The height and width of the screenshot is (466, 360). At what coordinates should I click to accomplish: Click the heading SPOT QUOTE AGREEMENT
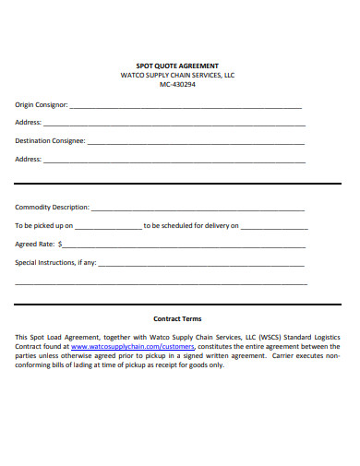coord(177,66)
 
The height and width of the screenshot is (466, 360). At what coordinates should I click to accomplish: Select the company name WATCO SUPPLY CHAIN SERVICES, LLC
coord(177,75)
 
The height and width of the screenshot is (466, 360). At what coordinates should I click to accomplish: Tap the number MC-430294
coord(177,84)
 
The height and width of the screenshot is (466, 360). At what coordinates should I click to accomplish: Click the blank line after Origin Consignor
coord(185,107)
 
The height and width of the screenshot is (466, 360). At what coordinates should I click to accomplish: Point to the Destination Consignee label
coord(50,141)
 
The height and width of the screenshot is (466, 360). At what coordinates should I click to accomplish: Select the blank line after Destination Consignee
coord(196,143)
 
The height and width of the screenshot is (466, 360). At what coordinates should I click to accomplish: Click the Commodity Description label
coord(52,207)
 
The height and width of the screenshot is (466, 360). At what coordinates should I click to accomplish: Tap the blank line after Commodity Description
coord(198,209)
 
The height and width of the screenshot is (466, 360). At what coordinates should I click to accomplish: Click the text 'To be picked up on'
coord(43,225)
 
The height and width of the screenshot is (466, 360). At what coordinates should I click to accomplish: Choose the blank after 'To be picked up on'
coord(108,227)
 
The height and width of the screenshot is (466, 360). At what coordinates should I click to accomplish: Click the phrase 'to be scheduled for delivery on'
coord(191,225)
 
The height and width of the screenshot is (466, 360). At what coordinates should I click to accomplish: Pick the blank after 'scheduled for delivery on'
coord(274,227)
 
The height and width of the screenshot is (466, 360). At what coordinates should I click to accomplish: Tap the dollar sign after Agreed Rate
coord(61,245)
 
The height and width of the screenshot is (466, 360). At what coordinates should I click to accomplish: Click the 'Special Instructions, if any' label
coord(55,263)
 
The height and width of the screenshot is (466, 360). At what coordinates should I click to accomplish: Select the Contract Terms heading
coord(177,318)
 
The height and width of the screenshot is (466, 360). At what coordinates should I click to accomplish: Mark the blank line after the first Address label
coord(175,125)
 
